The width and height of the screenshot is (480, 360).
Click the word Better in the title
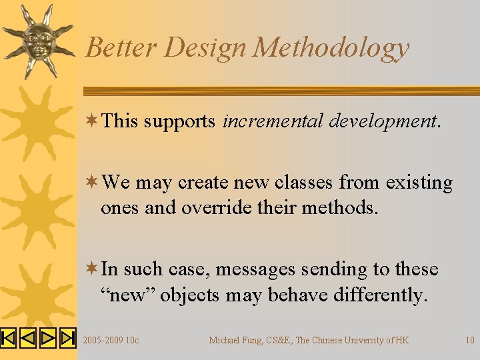[x=121, y=48]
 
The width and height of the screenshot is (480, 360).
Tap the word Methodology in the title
[x=331, y=48]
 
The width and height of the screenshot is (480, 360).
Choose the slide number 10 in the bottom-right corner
[x=469, y=340]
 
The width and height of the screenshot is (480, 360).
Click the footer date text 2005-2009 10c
[x=111, y=340]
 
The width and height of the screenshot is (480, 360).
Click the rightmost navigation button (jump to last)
[x=68, y=338]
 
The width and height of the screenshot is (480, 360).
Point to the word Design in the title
[x=205, y=48]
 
